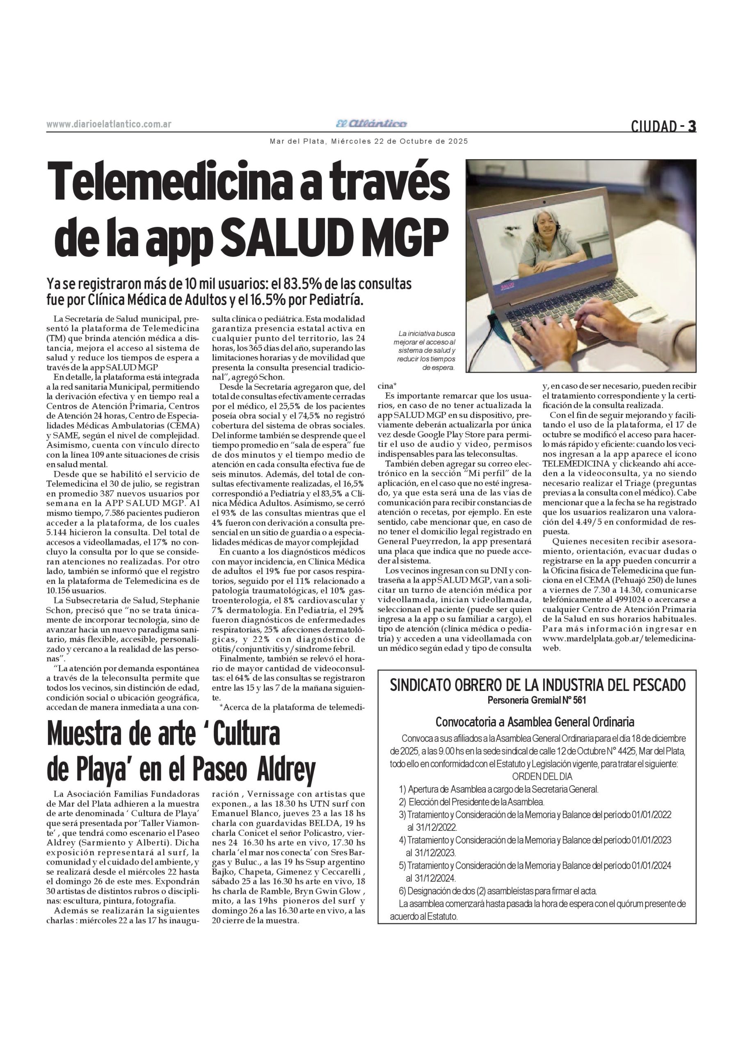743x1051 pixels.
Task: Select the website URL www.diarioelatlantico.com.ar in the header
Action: click(x=109, y=124)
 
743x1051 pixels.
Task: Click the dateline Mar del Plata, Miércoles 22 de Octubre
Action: click(x=369, y=142)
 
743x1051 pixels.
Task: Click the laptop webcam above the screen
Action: click(x=544, y=202)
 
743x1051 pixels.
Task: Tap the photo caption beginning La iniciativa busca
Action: click(x=425, y=350)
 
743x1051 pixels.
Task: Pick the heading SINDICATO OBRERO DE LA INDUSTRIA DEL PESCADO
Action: click(x=537, y=685)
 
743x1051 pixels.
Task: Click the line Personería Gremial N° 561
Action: click(x=537, y=700)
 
